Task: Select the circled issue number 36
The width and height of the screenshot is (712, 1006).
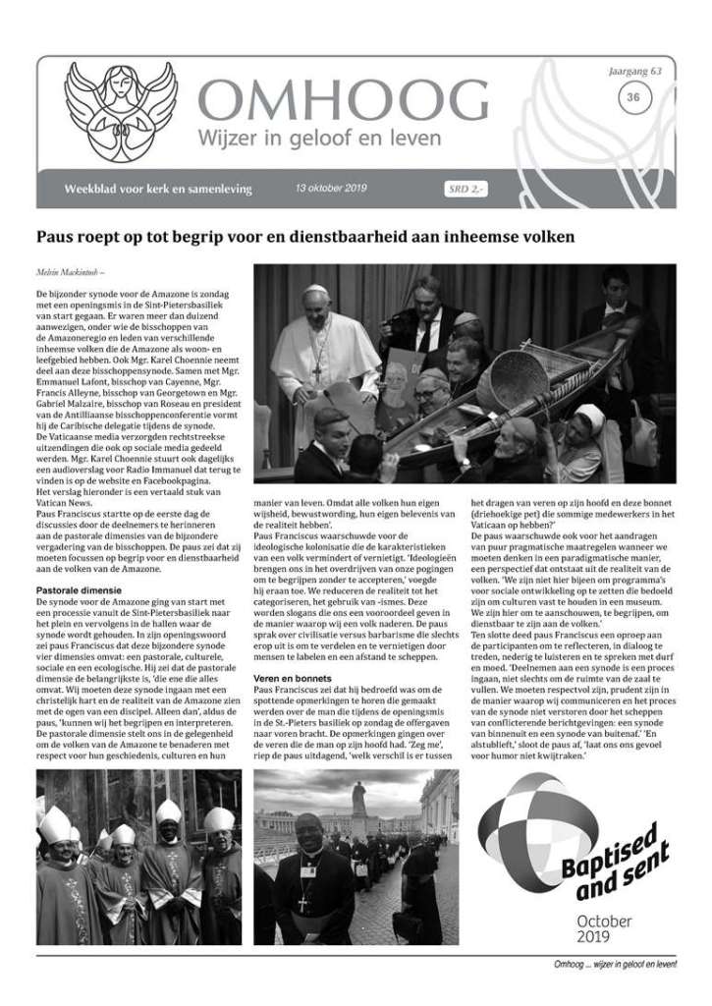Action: coord(632,96)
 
